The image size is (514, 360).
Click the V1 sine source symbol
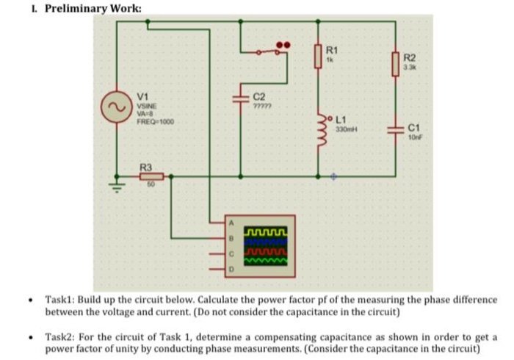coord(115,106)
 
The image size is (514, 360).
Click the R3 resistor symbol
coord(151,176)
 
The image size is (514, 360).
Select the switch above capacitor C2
coord(268,51)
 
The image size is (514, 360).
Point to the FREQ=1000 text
coord(155,120)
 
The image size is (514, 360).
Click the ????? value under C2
coord(263,106)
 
